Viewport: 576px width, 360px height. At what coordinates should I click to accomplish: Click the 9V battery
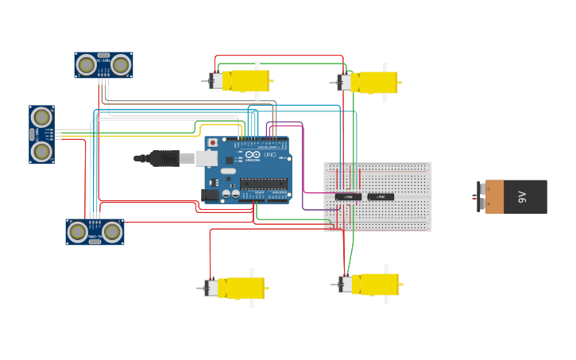(515, 196)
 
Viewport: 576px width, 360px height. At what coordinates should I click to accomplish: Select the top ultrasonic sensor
(103, 65)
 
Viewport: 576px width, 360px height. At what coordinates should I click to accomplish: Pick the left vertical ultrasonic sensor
(41, 134)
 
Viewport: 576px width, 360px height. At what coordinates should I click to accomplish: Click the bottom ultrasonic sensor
(95, 231)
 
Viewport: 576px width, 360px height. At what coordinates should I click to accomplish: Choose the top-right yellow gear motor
(369, 83)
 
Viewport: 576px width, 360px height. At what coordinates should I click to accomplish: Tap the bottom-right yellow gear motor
(369, 285)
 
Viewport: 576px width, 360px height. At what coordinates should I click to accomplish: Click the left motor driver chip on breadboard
(348, 196)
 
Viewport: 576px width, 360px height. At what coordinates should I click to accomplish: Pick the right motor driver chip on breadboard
(381, 196)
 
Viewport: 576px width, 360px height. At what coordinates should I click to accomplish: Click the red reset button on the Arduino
(212, 143)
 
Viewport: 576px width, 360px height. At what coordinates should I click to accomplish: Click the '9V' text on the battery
(522, 196)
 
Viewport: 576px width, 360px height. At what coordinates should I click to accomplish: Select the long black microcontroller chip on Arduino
(263, 184)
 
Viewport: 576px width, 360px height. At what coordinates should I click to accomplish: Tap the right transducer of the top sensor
(121, 64)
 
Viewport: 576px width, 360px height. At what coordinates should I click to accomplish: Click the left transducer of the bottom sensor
(77, 231)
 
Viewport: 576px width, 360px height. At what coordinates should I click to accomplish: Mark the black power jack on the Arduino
(210, 195)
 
